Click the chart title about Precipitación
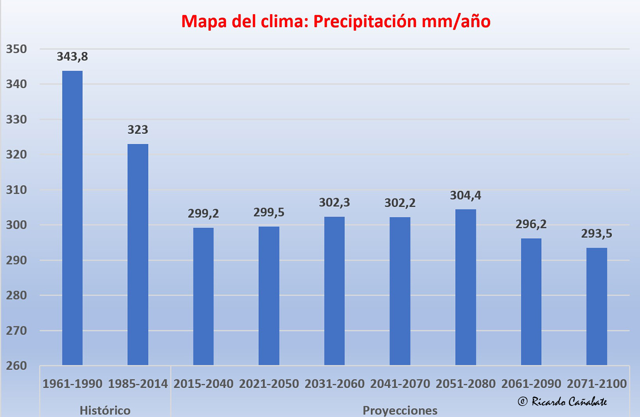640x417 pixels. [x=336, y=21]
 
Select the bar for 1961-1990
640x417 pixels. [x=72, y=218]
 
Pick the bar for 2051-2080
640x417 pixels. [x=465, y=287]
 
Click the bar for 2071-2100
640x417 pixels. [x=597, y=306]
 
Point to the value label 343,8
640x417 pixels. [x=72, y=56]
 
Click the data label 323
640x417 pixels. [x=138, y=130]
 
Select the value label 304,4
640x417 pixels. [x=465, y=195]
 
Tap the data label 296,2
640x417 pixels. [x=531, y=224]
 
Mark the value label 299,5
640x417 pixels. [x=269, y=212]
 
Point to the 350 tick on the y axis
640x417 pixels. [x=16, y=49]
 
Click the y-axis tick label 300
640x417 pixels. [x=16, y=225]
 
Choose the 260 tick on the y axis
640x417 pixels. [x=16, y=366]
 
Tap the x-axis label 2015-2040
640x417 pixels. [x=203, y=384]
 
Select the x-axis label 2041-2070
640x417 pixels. [x=400, y=384]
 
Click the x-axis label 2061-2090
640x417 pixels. [x=531, y=384]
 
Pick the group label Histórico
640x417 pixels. [x=105, y=410]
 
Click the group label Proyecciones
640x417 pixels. [x=400, y=410]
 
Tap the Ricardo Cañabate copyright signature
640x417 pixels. [x=562, y=401]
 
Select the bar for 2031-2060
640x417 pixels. [x=335, y=291]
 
